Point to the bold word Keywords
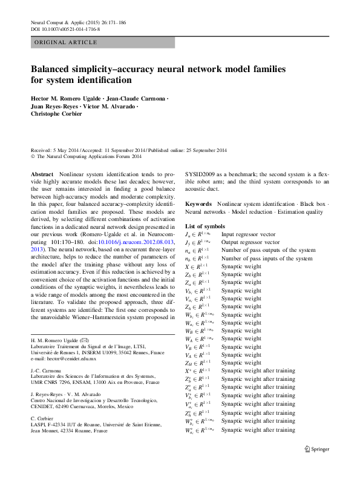199,204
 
